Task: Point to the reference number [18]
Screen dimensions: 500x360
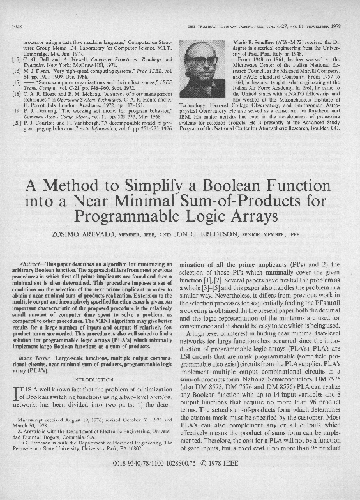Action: click(17, 94)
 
